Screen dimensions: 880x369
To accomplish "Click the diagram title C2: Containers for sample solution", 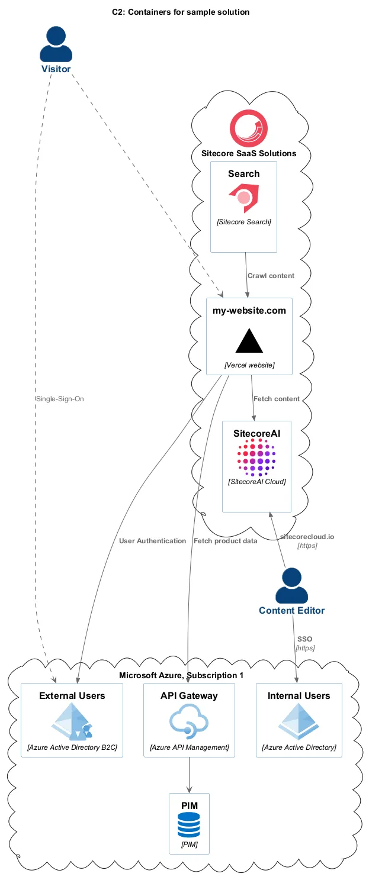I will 181,12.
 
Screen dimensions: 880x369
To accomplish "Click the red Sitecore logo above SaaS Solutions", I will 248,129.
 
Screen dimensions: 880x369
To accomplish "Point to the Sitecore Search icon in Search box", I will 243,199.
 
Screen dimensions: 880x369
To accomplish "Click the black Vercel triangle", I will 249,341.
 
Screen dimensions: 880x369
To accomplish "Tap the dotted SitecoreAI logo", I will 256,457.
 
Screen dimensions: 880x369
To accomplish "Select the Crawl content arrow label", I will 271,276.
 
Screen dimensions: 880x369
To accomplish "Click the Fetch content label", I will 277,399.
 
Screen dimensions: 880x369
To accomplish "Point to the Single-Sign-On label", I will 60,399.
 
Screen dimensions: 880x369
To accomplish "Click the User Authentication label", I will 152,541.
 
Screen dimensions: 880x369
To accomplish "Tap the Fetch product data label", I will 225,541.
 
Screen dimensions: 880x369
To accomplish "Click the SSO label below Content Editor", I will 304,639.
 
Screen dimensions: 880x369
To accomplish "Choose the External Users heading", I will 72,695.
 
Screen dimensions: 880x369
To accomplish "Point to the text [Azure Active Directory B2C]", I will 72,748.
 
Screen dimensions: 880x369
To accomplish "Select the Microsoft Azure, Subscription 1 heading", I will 181,675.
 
